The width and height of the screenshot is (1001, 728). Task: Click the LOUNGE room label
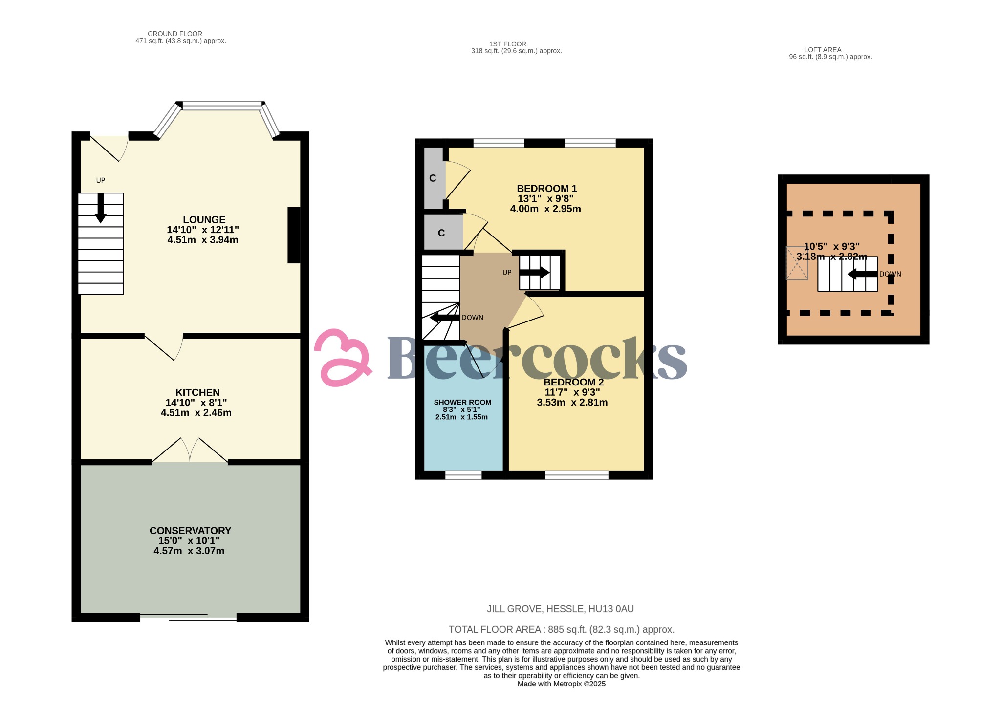tap(204, 220)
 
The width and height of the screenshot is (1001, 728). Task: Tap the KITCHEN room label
tap(197, 393)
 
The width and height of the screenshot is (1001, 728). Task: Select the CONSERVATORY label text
tap(190, 531)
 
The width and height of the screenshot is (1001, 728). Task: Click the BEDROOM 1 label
tap(546, 189)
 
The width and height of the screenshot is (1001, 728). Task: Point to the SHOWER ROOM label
tap(462, 403)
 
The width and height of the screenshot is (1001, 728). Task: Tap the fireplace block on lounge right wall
tap(294, 235)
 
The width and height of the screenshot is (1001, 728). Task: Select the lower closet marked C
tap(442, 233)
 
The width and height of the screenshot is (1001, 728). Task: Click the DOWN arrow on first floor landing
tap(444, 318)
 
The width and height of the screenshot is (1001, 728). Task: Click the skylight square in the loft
tap(796, 263)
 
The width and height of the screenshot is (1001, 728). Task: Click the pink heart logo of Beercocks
tap(342, 358)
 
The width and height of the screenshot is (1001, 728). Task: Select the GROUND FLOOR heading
tap(175, 34)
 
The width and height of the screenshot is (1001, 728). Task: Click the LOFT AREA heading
tap(823, 50)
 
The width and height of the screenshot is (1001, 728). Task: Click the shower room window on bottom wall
tap(463, 474)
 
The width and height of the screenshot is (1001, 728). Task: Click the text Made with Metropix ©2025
tap(561, 684)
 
